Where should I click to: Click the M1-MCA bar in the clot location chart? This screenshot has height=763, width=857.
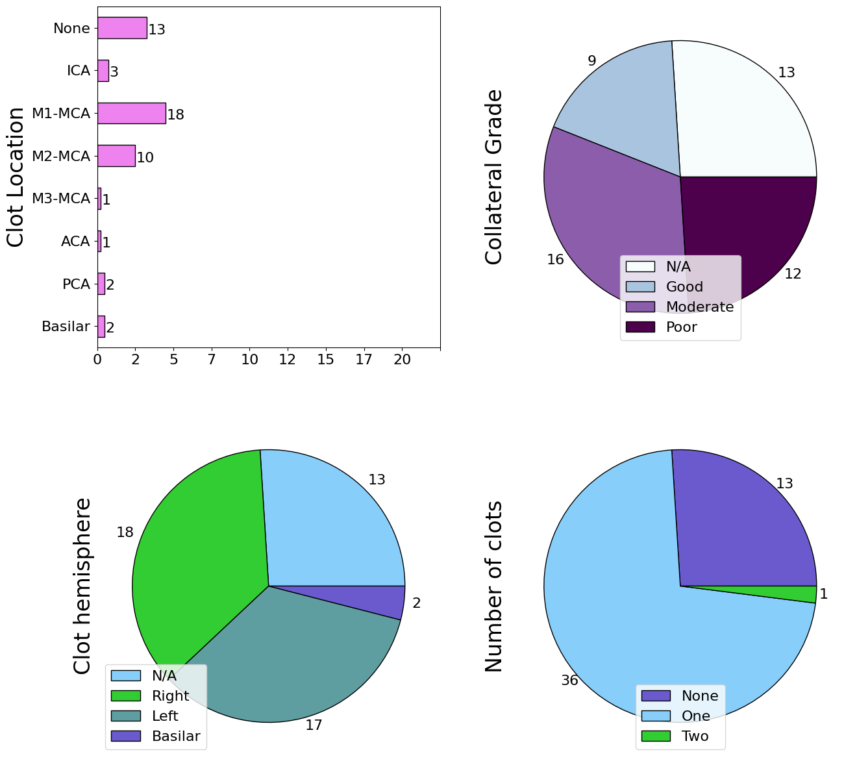131,114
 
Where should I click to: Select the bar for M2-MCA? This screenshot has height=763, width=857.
116,156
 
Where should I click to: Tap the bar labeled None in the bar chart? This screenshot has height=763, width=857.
122,29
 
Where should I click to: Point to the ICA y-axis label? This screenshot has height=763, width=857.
78,71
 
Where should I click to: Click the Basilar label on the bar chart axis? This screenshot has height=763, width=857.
66,327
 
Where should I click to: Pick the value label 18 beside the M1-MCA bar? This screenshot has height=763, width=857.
176,115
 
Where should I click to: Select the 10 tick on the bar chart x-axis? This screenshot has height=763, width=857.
250,359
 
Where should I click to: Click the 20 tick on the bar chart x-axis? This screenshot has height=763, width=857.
402,359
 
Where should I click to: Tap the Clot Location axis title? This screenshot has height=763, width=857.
16,177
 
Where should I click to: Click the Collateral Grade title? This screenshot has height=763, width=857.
494,177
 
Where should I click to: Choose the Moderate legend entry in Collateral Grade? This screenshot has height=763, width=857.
699,306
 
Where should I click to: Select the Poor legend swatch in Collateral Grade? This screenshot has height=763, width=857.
640,327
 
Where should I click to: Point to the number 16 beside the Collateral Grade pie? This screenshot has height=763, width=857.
555,260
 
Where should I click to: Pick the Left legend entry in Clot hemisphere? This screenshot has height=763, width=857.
164,716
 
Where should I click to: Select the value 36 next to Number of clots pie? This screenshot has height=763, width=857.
569,681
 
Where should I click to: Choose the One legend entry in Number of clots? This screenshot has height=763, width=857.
695,716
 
